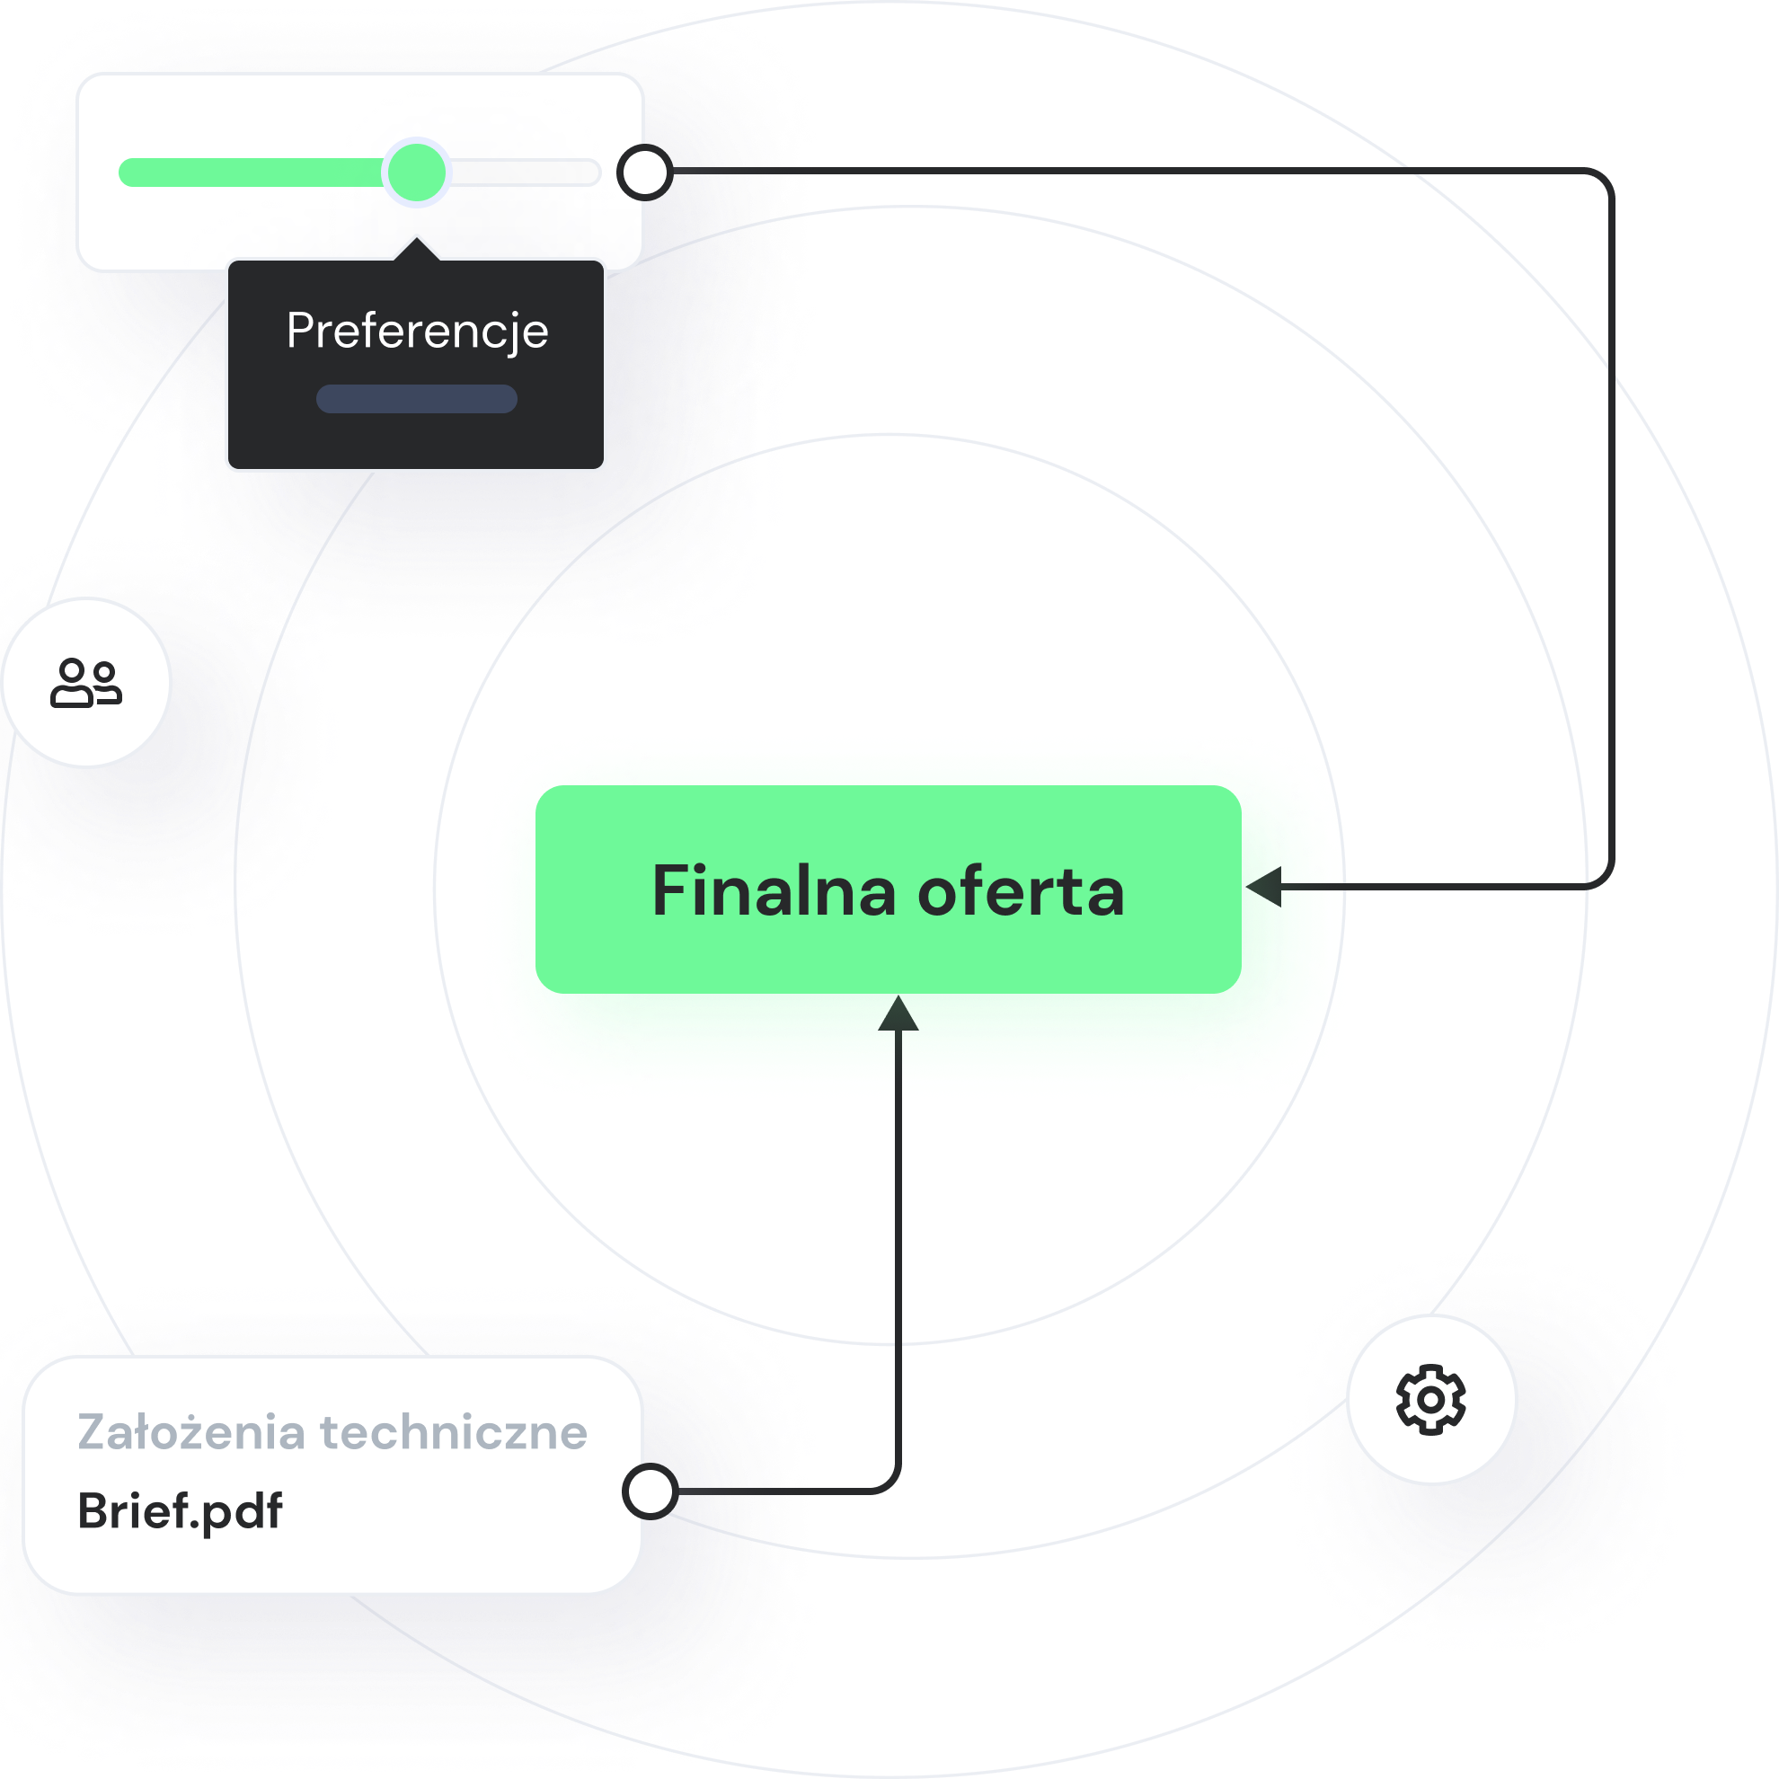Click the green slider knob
[416, 173]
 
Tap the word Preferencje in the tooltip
[417, 331]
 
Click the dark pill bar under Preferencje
[416, 399]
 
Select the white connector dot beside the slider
[644, 173]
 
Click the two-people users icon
[85, 682]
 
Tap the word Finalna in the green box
[774, 891]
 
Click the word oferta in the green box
[1022, 891]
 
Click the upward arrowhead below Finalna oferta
[898, 1013]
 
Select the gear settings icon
[1431, 1400]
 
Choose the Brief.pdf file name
[180, 1511]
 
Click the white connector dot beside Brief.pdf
[651, 1491]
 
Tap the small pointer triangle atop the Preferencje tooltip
[417, 250]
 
